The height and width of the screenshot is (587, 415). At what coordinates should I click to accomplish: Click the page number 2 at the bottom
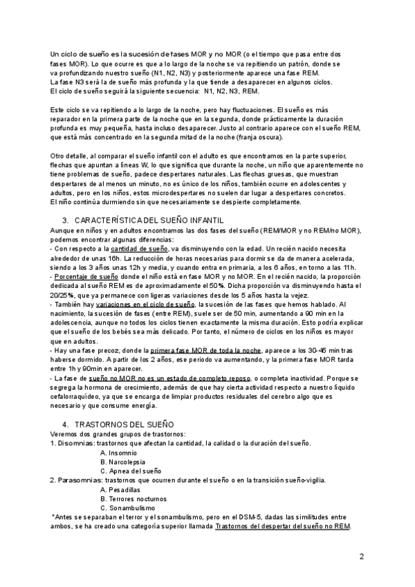361,556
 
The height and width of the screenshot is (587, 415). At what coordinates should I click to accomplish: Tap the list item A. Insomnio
118,452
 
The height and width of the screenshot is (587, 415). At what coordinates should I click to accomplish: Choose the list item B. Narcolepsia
123,461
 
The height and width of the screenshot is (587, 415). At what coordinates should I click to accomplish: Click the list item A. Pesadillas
120,489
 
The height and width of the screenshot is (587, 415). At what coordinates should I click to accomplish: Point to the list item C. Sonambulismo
127,507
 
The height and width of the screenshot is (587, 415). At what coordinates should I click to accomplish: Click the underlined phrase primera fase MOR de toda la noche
195,350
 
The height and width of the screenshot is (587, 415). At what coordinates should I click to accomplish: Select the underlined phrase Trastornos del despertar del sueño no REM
283,525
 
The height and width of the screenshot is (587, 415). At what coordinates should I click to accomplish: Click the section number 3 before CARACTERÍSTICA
64,219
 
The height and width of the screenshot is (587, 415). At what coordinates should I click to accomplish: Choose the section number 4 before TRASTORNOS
64,423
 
